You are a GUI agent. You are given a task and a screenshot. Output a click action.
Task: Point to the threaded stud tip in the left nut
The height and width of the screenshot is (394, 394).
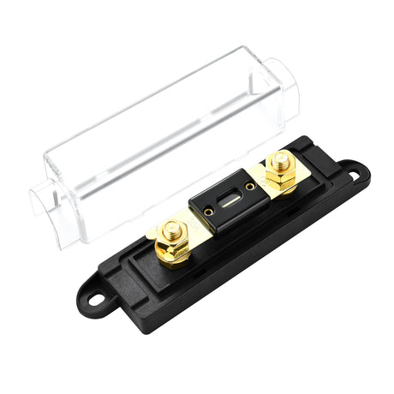coord(171,230)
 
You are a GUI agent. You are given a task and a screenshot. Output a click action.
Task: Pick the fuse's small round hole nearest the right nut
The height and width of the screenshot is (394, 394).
coord(250,186)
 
